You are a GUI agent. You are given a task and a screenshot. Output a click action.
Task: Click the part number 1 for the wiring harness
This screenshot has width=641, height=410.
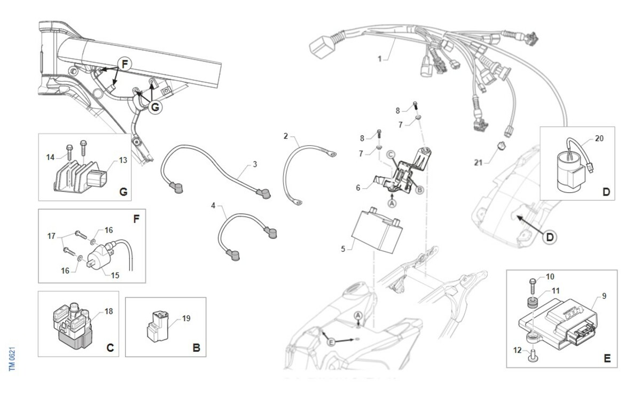[380, 59]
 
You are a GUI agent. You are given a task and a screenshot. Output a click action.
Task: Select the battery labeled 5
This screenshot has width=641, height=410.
[377, 230]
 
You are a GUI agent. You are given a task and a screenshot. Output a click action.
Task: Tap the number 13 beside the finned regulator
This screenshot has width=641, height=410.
[123, 160]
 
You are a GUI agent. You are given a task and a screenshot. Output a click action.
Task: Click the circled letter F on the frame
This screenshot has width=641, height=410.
[124, 64]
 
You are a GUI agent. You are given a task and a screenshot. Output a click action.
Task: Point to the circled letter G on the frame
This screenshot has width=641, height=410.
[155, 107]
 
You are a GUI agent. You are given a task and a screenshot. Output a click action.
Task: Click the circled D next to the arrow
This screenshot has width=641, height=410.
[550, 237]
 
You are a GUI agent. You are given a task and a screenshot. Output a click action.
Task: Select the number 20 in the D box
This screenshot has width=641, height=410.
[599, 138]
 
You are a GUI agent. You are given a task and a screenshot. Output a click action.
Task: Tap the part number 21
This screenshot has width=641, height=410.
[478, 163]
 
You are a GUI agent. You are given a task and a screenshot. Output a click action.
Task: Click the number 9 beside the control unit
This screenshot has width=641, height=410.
[604, 296]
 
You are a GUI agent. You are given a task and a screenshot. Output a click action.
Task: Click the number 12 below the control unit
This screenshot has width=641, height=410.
[518, 350]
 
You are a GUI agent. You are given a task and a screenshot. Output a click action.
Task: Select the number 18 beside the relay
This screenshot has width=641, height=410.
[109, 312]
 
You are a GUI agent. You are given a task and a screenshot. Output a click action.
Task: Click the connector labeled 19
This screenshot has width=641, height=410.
[158, 327]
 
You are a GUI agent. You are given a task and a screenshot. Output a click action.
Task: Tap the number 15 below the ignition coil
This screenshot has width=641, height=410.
[115, 275]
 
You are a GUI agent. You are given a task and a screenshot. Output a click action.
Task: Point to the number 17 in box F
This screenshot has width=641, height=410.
[51, 236]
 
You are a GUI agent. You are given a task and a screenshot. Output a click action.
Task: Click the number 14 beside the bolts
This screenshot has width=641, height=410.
[50, 157]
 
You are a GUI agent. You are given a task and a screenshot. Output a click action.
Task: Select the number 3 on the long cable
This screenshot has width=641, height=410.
[255, 164]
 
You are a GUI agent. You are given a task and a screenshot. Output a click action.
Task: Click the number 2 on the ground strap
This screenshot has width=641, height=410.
[286, 136]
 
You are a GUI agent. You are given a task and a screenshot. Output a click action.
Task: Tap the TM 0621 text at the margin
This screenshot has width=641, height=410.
[12, 359]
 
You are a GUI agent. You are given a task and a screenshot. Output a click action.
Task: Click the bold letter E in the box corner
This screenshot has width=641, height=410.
[607, 359]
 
